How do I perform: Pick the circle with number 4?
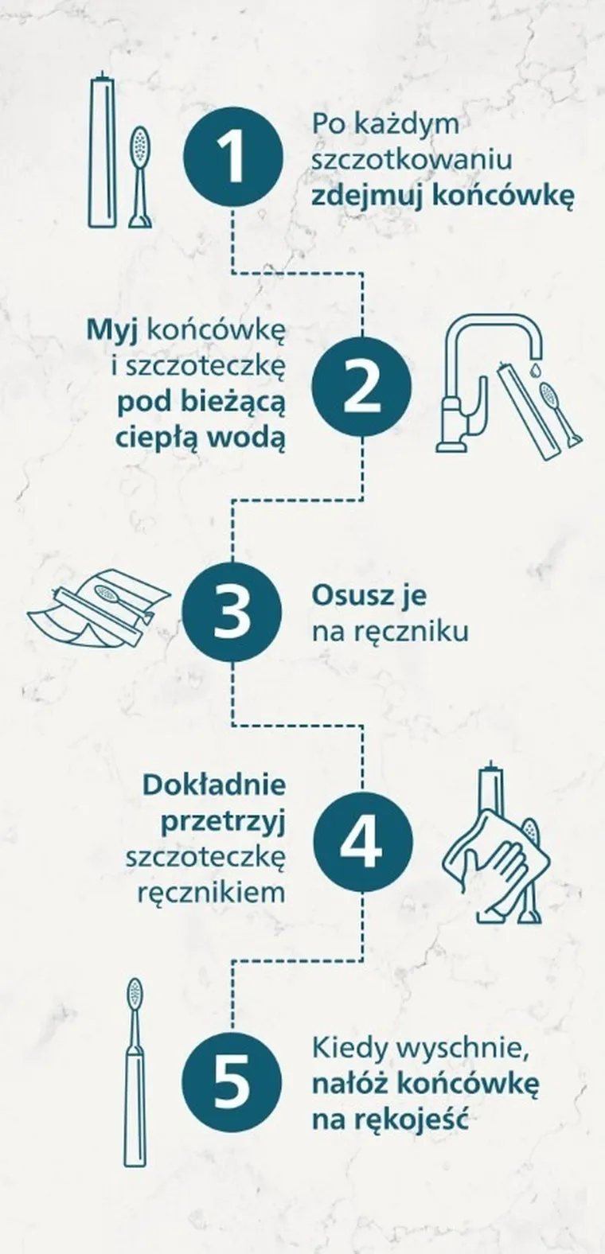(362, 841)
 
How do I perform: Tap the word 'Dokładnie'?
(214, 785)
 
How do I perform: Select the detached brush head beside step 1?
(140, 175)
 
